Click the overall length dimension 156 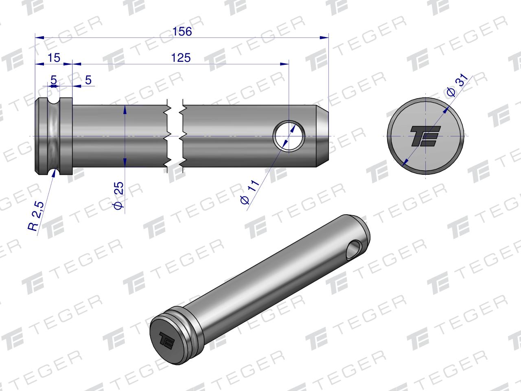(x=182, y=32)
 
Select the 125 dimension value (x=181, y=58)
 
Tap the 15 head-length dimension (x=54, y=58)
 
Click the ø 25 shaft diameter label (x=118, y=196)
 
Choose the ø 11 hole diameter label (x=250, y=194)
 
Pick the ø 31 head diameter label (x=456, y=86)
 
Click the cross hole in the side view (x=289, y=135)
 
